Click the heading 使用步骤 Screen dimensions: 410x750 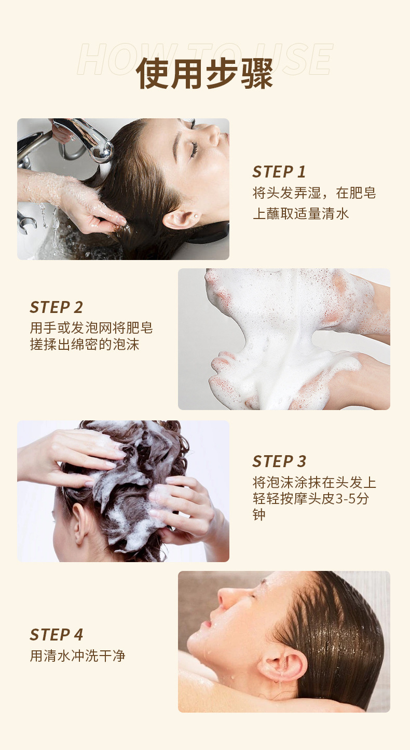pyautogui.click(x=204, y=73)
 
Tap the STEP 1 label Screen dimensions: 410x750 pyautogui.click(x=279, y=172)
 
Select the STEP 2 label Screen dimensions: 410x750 pyautogui.click(x=56, y=307)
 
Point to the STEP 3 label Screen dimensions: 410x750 pyautogui.click(x=279, y=461)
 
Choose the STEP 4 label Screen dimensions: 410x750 pyautogui.click(x=56, y=634)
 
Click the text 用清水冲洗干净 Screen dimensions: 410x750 pyautogui.click(x=78, y=656)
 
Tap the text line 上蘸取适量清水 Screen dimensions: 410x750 pyautogui.click(x=300, y=214)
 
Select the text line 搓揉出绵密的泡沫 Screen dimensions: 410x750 pyautogui.click(x=85, y=344)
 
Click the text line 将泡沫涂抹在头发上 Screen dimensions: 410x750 pyautogui.click(x=315, y=483)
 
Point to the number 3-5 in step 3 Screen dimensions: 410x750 pyautogui.click(x=345, y=499)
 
